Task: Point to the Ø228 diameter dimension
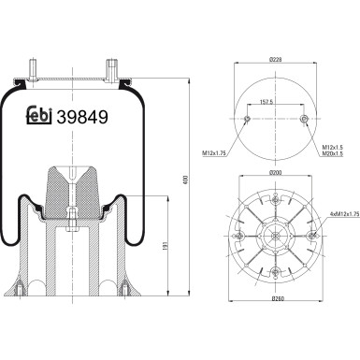tap(276, 61)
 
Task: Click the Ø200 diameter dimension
tap(276, 174)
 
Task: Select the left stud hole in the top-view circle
tap(247, 119)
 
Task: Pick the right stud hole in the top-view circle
tap(306, 119)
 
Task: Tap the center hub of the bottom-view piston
tap(276, 235)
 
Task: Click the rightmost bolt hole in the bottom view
tap(312, 235)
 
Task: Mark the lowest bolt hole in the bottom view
tap(276, 272)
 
